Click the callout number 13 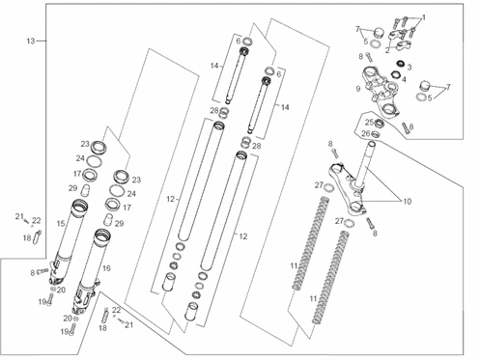pyautogui.click(x=31, y=41)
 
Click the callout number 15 pyautogui.click(x=60, y=224)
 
